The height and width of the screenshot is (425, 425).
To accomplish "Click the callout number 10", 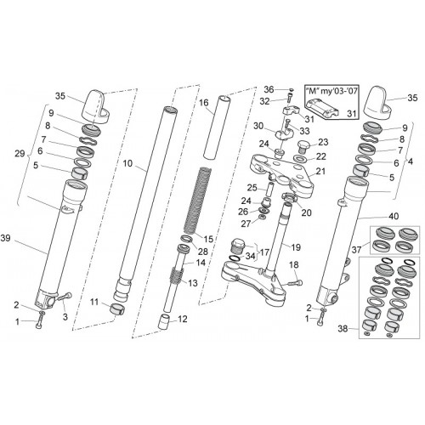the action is tap(127, 163).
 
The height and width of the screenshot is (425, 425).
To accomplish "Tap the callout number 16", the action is tap(203, 103).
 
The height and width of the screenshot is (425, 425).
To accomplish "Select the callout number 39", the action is tap(6, 238).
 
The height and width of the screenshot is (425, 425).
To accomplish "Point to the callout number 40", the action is tap(394, 216).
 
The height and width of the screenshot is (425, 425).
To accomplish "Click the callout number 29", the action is tap(20, 154).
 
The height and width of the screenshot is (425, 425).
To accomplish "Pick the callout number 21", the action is tap(320, 172).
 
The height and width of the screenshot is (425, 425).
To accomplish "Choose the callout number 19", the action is tap(296, 247).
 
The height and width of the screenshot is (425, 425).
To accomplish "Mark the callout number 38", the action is tap(343, 329).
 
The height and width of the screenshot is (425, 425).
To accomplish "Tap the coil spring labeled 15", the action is tap(197, 201).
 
